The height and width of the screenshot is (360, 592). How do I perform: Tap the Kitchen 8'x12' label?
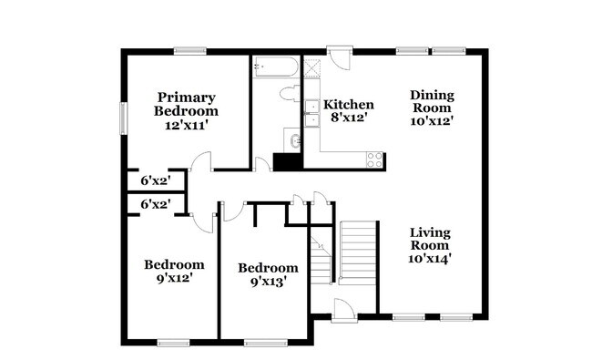pos(350,111)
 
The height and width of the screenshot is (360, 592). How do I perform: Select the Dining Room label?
pos(432,107)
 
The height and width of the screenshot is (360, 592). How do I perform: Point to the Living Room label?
pos(430,244)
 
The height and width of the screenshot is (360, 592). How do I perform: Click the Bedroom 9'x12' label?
pos(174,272)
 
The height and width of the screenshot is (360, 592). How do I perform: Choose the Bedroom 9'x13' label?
pos(268,274)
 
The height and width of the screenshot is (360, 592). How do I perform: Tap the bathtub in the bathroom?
pos(276,67)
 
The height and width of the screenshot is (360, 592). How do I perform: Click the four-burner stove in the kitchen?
pos(373,159)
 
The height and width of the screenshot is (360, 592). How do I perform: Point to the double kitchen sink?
pos(313,118)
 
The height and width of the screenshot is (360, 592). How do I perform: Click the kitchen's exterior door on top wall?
pos(339,57)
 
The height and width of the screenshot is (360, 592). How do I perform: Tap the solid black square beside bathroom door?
pos(286,161)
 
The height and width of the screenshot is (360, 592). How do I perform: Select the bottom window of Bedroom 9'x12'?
pos(171,343)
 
